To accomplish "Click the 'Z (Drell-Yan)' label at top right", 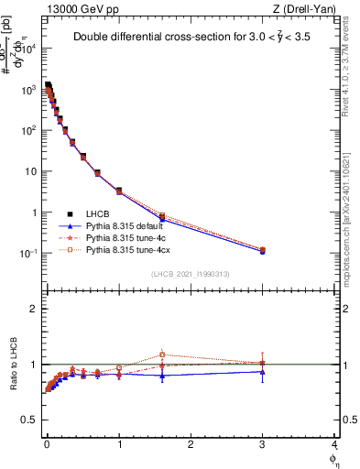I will (305, 8).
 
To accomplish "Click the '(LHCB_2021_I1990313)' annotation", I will (189, 273).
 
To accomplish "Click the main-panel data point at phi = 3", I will (263, 250).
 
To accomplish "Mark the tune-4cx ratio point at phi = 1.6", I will (162, 354).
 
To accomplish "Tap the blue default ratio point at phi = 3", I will (263, 371).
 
